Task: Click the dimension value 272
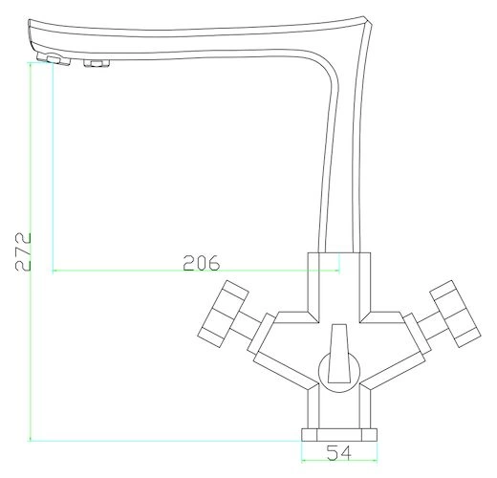(x=23, y=251)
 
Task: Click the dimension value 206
(x=202, y=263)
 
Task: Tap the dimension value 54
(x=339, y=452)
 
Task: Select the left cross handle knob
(x=223, y=314)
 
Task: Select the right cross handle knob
(x=455, y=314)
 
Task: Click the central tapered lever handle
(x=339, y=354)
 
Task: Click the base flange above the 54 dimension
(x=339, y=435)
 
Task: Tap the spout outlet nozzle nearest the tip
(x=54, y=59)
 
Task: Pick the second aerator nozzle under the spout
(x=97, y=63)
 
